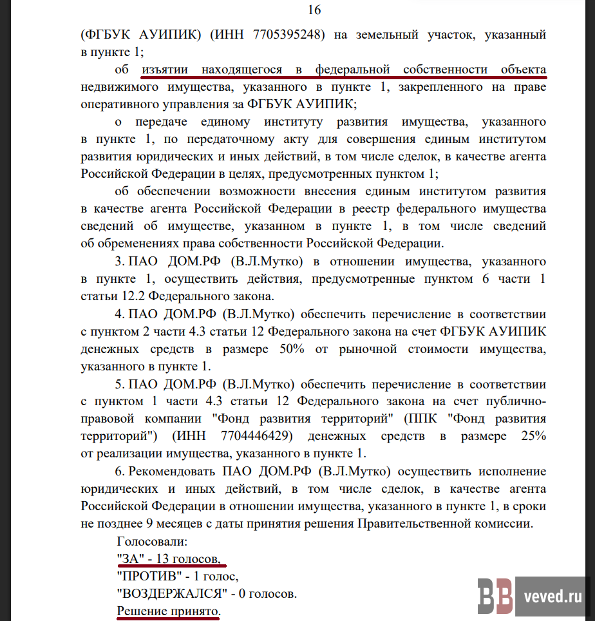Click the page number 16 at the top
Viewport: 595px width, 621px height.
click(x=315, y=10)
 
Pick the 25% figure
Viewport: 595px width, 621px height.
click(x=532, y=436)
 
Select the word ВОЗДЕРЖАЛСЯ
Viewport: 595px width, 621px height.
click(x=173, y=593)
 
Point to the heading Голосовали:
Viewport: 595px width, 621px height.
click(x=152, y=540)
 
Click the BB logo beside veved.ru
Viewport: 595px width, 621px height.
click(x=495, y=596)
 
